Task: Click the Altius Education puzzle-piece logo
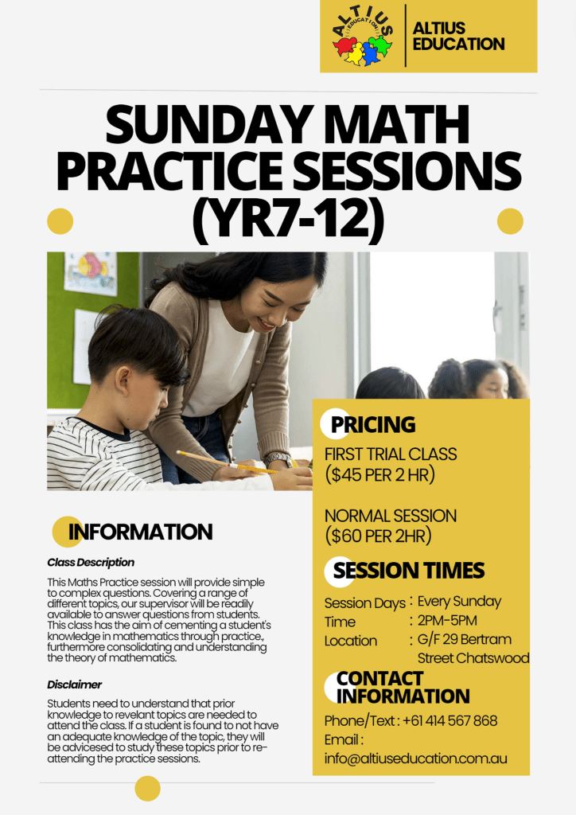click(x=362, y=37)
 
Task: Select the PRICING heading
click(x=373, y=425)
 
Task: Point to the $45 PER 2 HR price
click(x=379, y=475)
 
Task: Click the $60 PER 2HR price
click(x=378, y=536)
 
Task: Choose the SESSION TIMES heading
click(x=409, y=570)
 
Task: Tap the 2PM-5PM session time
click(x=447, y=621)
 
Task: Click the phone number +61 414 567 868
click(x=450, y=721)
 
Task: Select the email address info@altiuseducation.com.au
click(x=415, y=758)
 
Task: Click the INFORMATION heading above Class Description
click(x=140, y=532)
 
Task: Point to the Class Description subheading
click(x=91, y=563)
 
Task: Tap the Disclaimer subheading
click(x=74, y=684)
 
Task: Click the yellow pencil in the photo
click(x=228, y=462)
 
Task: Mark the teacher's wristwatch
click(x=278, y=459)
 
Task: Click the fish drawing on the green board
click(x=91, y=271)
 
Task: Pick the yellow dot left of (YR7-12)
click(x=60, y=221)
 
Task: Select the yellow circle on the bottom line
click(x=147, y=789)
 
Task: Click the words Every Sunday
click(x=459, y=602)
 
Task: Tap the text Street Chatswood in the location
click(x=473, y=658)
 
